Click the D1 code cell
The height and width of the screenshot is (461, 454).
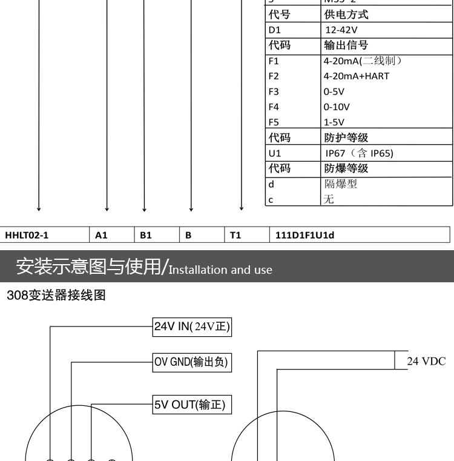pos(292,30)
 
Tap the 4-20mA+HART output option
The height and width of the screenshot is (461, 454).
pos(357,76)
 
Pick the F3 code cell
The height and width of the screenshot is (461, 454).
pos(292,92)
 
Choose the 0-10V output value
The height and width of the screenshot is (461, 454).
pos(337,107)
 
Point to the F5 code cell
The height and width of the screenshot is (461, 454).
pos(292,122)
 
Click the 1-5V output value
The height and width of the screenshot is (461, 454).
pos(334,122)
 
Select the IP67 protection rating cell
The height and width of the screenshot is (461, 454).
pos(359,153)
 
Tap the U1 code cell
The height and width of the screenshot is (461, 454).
pos(292,153)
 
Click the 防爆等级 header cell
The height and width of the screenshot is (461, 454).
pos(346,168)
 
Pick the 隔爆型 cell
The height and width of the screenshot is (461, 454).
pos(340,184)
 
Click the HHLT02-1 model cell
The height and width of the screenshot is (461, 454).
pos(27,235)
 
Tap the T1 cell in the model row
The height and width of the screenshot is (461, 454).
pos(235,235)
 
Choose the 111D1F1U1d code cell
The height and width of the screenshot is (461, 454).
pos(304,235)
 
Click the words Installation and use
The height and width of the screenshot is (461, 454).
pos(220,270)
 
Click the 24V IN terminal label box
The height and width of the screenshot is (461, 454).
pos(192,327)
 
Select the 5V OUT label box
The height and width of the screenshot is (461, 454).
pos(189,405)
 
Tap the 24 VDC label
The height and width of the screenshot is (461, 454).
pos(426,362)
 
